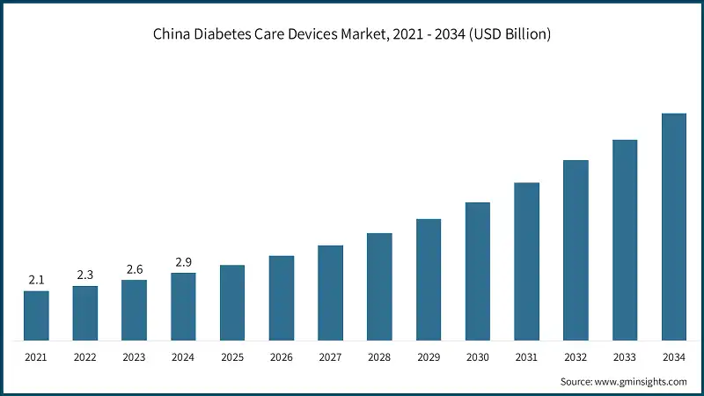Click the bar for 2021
coord(36,315)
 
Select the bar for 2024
coord(183,306)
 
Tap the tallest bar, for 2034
coord(673,226)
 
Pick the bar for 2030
coord(477,271)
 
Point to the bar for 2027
coord(330,292)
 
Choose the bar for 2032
coord(576,250)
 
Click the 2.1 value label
coord(36,280)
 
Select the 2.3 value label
coord(85,275)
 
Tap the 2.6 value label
coord(134,269)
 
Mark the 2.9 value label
coord(183,261)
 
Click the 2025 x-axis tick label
coord(232,358)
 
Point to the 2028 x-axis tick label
coord(379,358)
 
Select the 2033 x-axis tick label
coord(625,358)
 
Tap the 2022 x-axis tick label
coord(85,358)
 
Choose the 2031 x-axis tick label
coord(526,358)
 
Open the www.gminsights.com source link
coord(642,381)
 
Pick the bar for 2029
coord(429,279)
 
